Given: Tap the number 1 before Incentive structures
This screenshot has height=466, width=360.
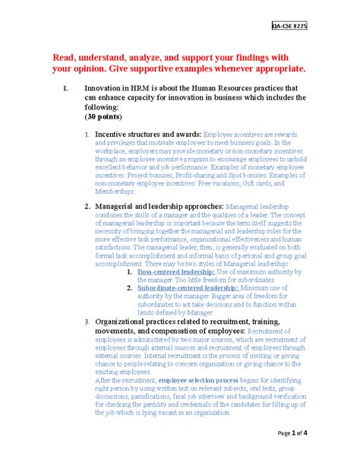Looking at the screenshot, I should [87, 134].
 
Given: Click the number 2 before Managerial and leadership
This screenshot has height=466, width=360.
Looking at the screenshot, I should [87, 206].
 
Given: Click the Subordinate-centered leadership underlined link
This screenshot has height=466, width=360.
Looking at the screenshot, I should [194, 287].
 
